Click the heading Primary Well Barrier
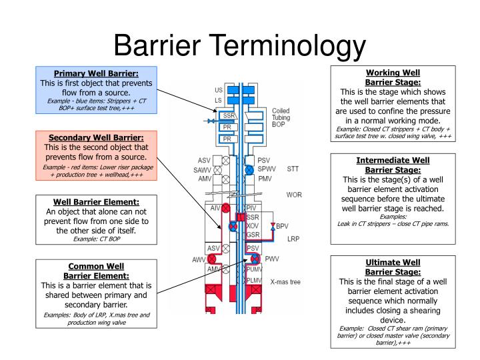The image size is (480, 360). [96, 73]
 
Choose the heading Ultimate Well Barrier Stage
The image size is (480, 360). [393, 267]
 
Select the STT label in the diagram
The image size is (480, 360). [293, 169]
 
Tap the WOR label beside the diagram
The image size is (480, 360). [294, 195]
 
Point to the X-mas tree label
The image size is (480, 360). [285, 282]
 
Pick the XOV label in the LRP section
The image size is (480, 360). [253, 226]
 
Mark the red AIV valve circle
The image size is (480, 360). [225, 209]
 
